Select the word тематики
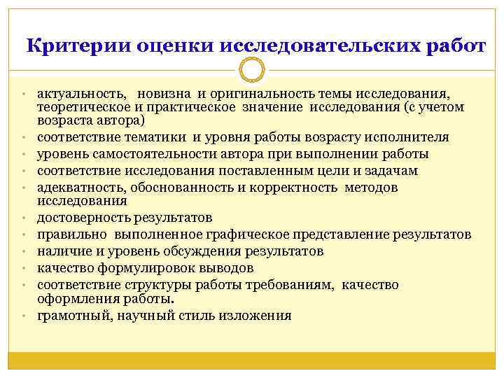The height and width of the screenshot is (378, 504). click(x=155, y=137)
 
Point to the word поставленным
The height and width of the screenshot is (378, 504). click(x=257, y=171)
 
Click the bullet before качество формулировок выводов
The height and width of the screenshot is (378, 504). click(x=23, y=268)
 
